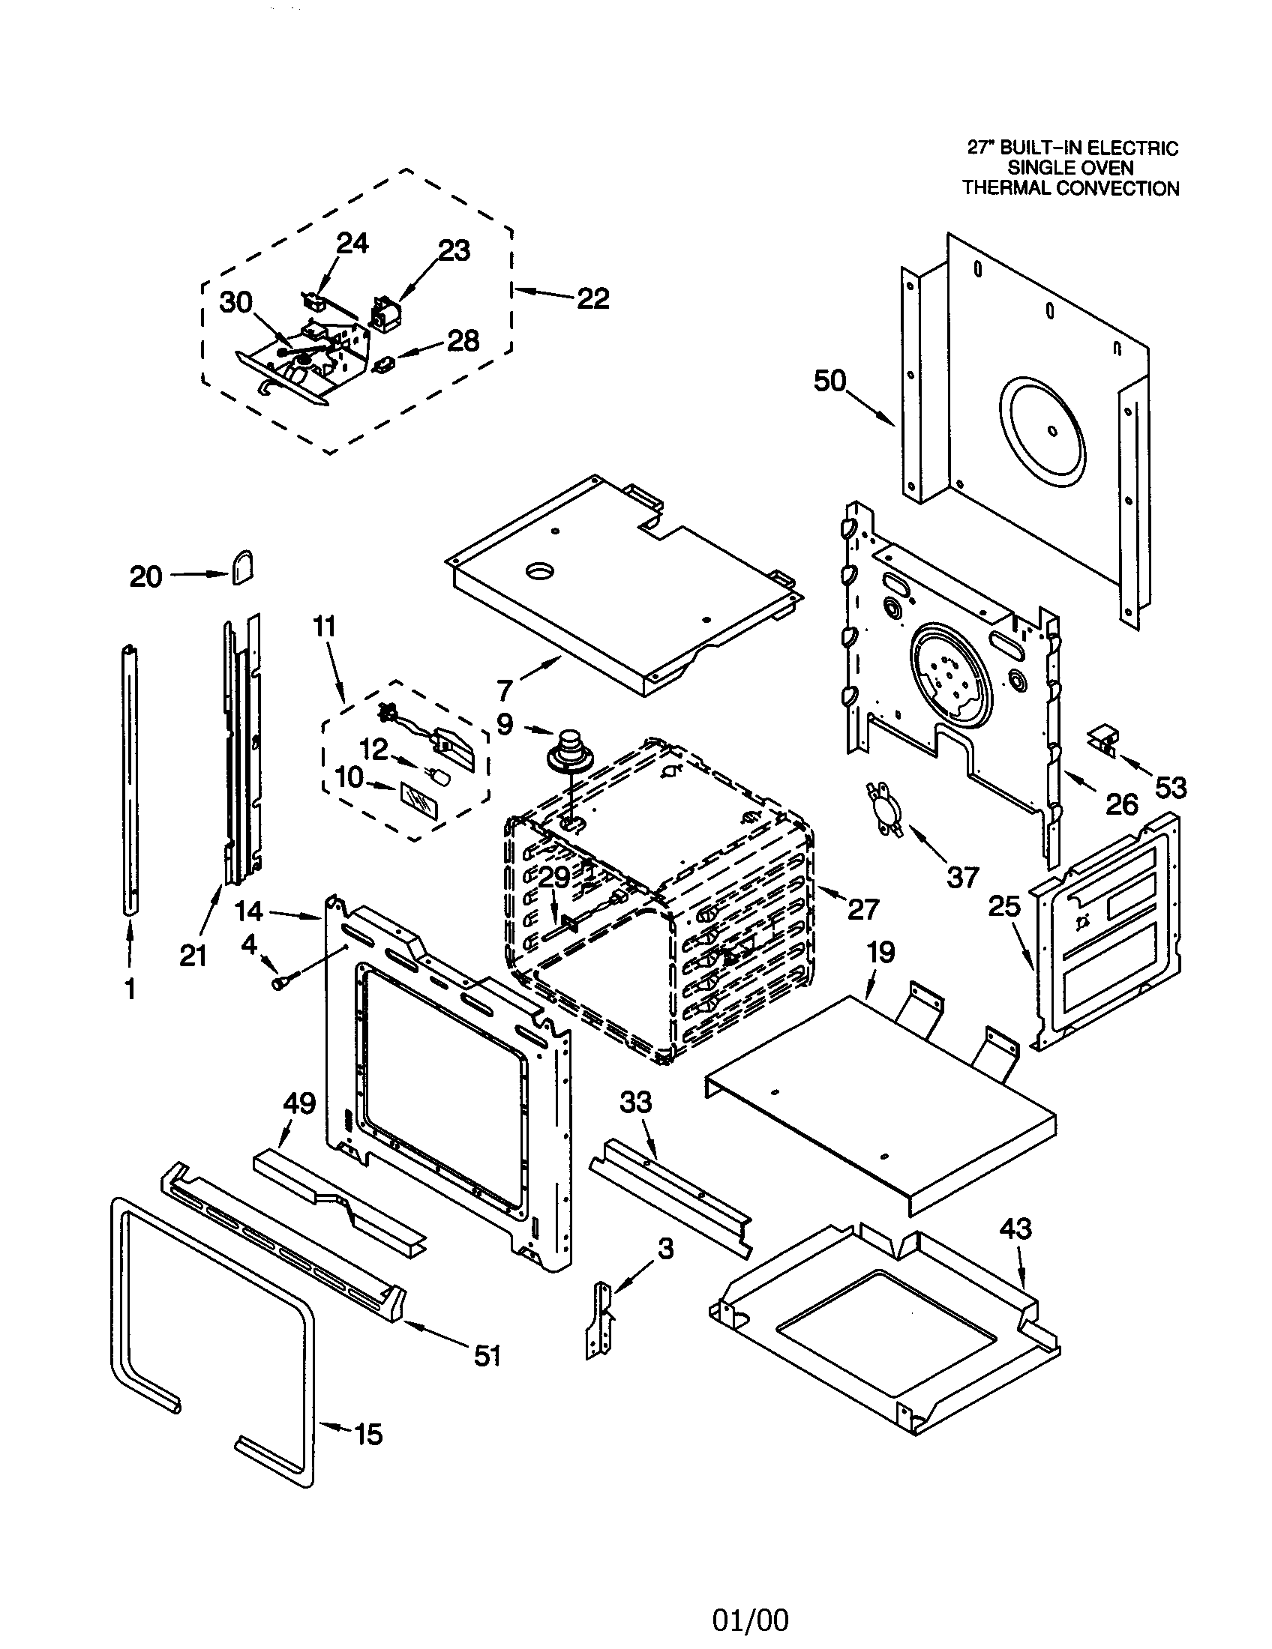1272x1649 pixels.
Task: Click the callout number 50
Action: point(829,382)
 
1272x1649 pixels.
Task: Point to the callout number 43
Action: point(1015,1229)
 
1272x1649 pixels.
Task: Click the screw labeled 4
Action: point(280,983)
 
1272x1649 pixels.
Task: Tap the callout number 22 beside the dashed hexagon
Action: point(592,299)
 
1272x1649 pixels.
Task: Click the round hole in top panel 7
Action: point(541,573)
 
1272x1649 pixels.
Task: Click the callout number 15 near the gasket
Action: point(367,1434)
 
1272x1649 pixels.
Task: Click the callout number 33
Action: point(635,1103)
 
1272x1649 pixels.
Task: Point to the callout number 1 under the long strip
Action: point(130,989)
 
